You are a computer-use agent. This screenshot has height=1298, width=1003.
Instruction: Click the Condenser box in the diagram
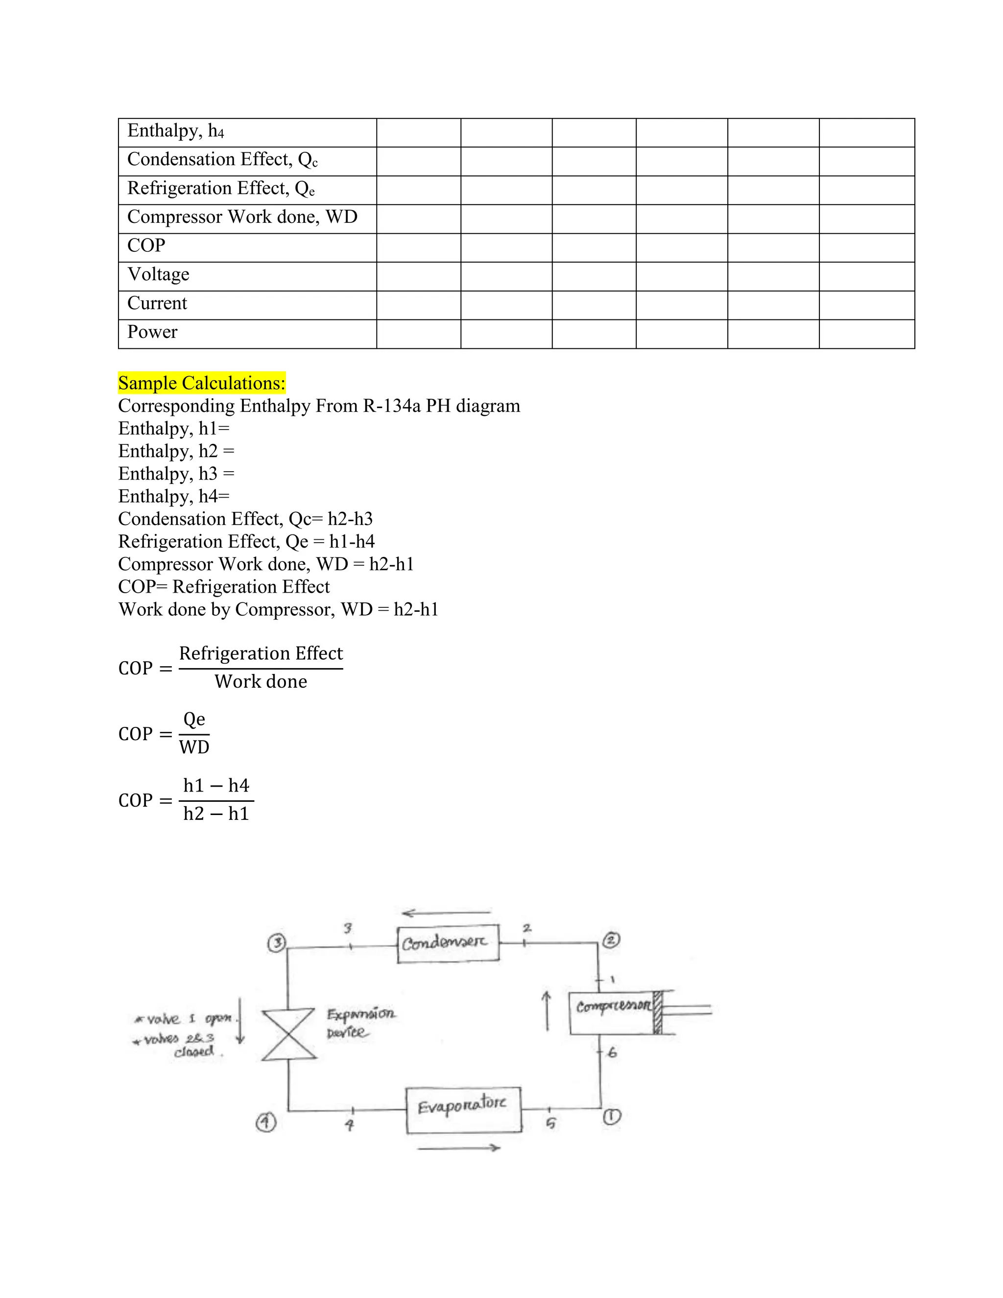(x=448, y=943)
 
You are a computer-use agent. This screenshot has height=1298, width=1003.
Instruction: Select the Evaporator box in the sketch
(x=463, y=1109)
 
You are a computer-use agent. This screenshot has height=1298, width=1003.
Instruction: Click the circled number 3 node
(x=276, y=943)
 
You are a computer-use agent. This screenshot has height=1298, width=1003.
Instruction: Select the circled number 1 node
(x=612, y=1117)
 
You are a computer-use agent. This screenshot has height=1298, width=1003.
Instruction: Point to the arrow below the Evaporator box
(x=459, y=1148)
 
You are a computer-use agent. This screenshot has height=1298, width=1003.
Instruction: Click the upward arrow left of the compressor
(x=547, y=1010)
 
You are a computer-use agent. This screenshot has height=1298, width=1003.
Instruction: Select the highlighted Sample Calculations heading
(x=201, y=384)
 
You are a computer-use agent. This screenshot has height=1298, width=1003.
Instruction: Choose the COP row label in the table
(x=146, y=245)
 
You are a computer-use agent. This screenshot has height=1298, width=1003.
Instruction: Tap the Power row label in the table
(x=152, y=332)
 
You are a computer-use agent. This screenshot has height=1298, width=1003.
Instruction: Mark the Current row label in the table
(x=157, y=303)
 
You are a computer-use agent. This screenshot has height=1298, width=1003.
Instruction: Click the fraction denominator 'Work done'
(x=261, y=682)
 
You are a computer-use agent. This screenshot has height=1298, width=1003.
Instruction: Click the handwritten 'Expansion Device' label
(x=359, y=1022)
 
